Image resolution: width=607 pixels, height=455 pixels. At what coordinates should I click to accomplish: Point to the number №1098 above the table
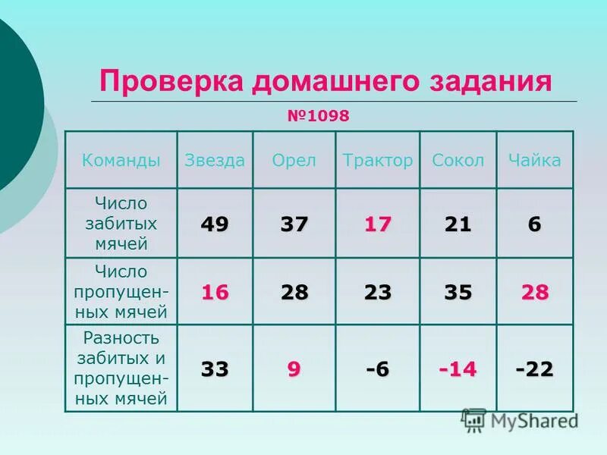[x=318, y=116]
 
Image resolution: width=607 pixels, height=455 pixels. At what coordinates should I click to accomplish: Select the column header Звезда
[x=215, y=160]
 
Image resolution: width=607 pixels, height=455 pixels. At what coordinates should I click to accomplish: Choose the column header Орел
[x=294, y=160]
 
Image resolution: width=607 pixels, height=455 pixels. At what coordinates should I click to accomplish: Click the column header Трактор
[x=378, y=160]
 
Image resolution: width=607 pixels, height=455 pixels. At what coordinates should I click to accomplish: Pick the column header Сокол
[x=458, y=160]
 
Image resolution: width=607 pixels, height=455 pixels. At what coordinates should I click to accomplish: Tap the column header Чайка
[x=535, y=160]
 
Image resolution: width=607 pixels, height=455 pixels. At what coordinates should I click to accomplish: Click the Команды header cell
[x=121, y=160]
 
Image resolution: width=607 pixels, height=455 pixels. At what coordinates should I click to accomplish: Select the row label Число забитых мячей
[x=121, y=224]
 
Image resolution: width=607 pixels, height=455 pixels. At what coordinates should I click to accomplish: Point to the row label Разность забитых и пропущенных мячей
[x=121, y=368]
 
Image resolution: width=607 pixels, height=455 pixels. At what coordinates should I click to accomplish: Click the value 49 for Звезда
[x=215, y=224]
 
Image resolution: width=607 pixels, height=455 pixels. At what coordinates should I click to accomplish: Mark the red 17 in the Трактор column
[x=377, y=224]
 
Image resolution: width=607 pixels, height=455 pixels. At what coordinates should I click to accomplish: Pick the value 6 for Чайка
[x=535, y=224]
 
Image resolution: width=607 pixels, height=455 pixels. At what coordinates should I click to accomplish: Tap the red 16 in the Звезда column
[x=215, y=293]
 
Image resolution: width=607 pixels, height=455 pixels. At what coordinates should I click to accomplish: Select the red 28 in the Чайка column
[x=535, y=293]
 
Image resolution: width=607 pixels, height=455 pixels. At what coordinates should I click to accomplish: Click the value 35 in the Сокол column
[x=458, y=293]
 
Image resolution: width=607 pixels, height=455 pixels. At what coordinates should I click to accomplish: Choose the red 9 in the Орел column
[x=294, y=369]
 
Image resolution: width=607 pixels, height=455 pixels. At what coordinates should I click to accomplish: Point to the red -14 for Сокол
[x=458, y=369]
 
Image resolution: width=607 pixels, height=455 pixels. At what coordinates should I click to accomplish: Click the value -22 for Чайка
[x=535, y=369]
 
